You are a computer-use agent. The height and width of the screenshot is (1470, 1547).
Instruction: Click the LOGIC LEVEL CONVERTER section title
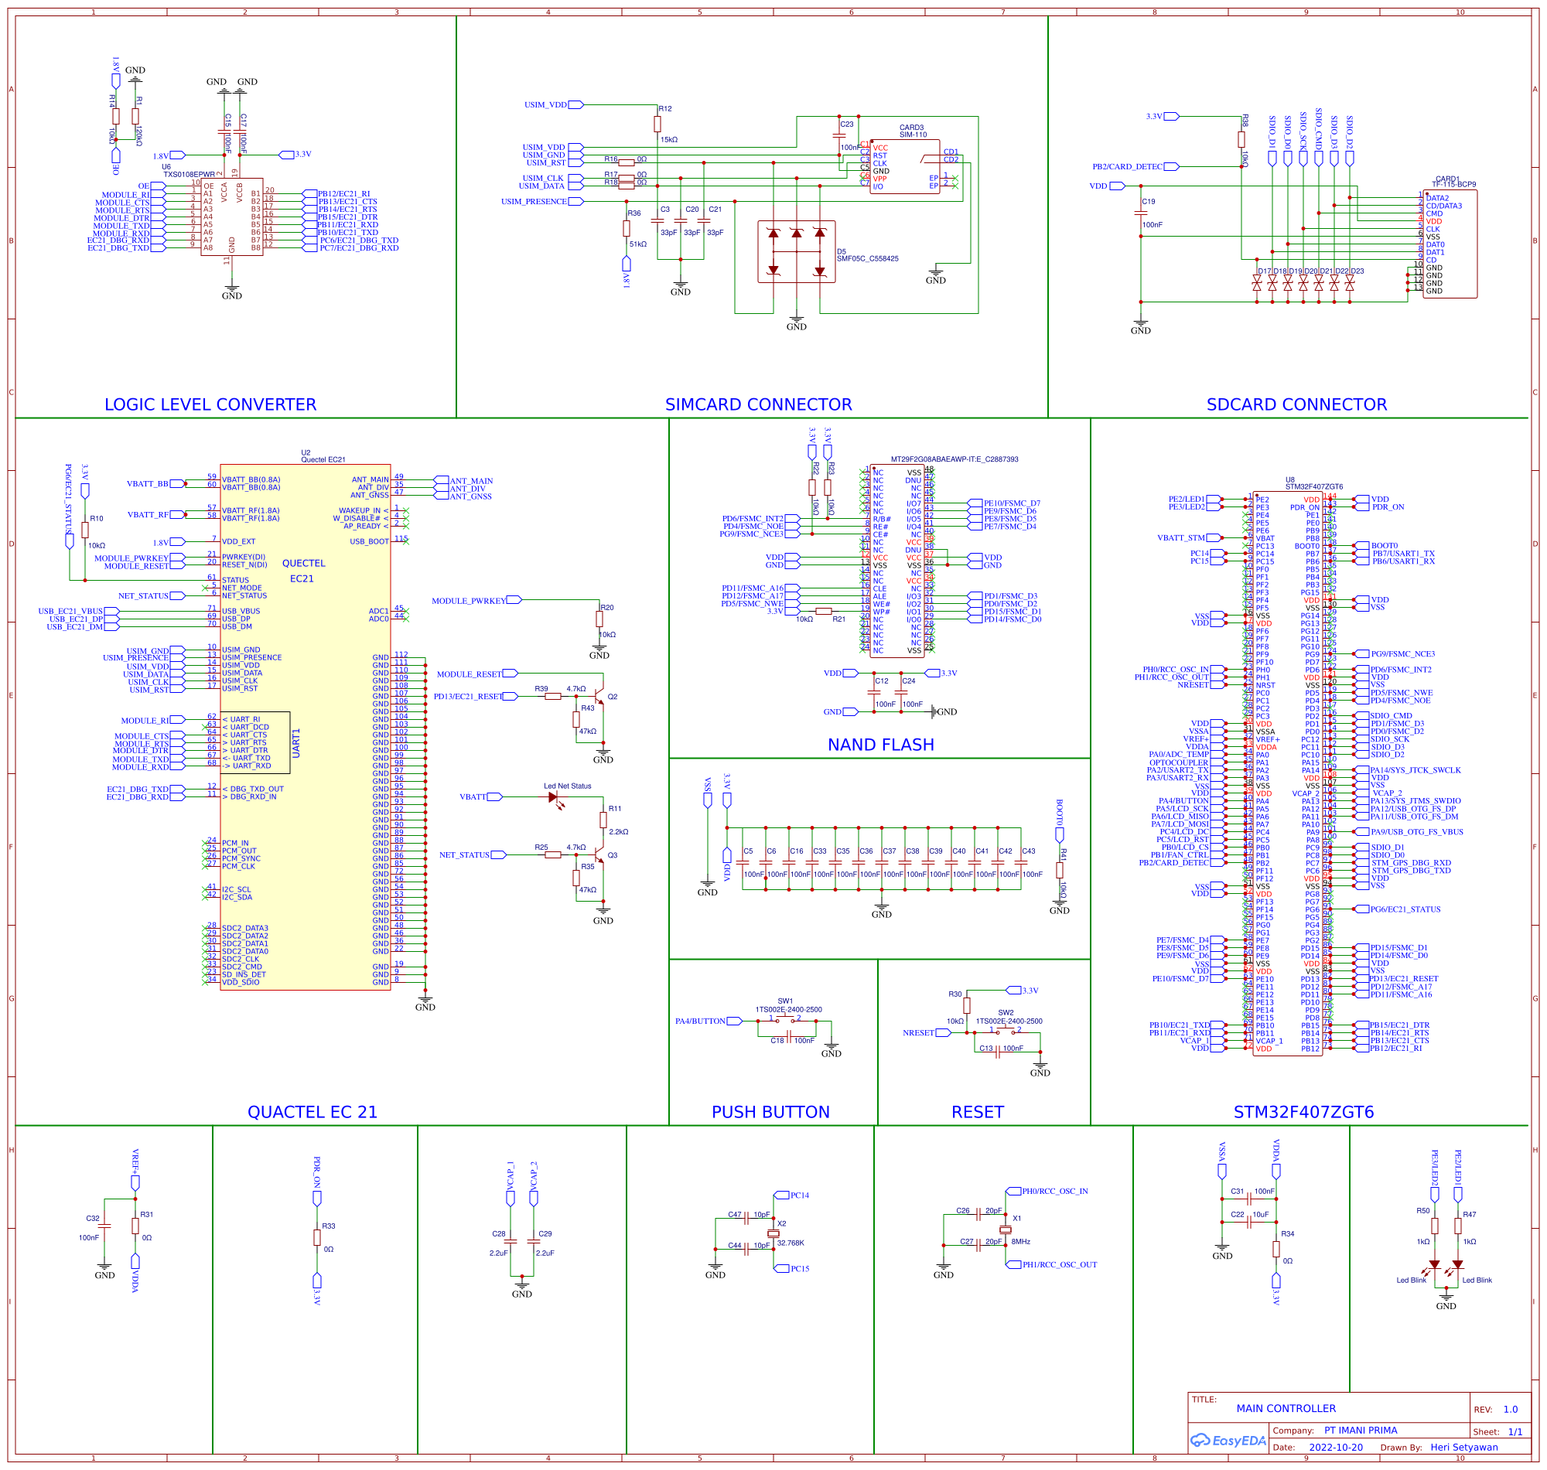pos(210,404)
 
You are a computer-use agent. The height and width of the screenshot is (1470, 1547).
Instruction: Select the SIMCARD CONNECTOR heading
pos(758,404)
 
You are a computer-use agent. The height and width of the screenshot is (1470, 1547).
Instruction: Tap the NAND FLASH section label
pos(880,745)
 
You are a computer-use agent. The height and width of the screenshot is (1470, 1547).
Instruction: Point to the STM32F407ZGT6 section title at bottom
pos(1303,1112)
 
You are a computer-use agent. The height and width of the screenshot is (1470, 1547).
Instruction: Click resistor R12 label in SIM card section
pos(664,109)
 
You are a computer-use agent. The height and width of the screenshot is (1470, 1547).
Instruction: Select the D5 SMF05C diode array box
pos(795,251)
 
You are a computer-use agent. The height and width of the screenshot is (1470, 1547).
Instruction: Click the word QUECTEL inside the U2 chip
pos(303,564)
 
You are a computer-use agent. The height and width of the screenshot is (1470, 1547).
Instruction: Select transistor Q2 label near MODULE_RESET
pos(612,697)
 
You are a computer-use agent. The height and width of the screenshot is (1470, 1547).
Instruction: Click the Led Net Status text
pos(568,786)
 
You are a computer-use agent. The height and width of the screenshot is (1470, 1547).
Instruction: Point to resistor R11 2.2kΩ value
pos(618,832)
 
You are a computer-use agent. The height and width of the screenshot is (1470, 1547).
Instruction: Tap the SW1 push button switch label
pos(784,1001)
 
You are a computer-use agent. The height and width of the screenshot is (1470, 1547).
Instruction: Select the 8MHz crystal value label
pos(1020,1242)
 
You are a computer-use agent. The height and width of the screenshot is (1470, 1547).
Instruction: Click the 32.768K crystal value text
pos(790,1243)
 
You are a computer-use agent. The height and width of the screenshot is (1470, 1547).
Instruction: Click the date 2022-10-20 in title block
pos(1335,1448)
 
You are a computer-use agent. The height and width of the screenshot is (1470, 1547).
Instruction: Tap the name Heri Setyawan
pos(1463,1448)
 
